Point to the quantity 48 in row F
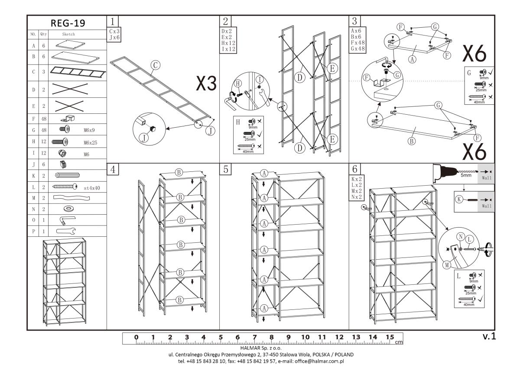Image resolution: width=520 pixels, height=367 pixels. point(43,118)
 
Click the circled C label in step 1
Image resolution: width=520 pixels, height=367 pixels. point(156,66)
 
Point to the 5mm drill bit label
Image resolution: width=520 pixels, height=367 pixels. point(466,176)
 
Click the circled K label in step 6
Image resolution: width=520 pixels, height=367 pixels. point(459,200)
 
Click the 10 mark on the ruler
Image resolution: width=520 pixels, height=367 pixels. point(305,337)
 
